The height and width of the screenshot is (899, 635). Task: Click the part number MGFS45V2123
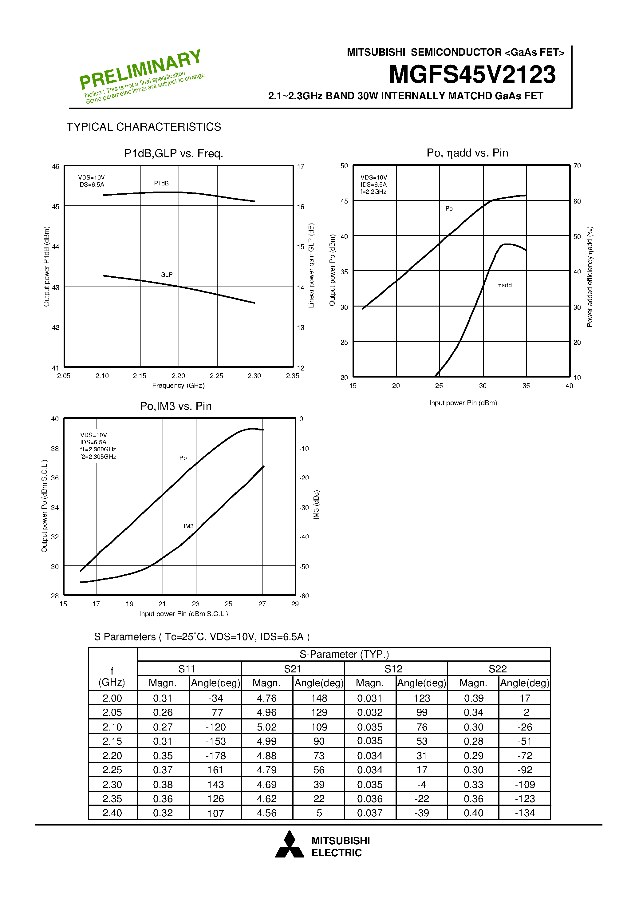tap(472, 74)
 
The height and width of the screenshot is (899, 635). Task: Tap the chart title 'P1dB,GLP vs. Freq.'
tap(173, 153)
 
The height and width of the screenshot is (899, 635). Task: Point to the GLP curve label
tap(166, 275)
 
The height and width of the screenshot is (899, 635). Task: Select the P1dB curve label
tap(161, 183)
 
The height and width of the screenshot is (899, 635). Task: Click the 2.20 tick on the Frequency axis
tap(178, 376)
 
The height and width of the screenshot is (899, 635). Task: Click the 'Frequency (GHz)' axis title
tap(178, 385)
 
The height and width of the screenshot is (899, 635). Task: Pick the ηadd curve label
tap(505, 285)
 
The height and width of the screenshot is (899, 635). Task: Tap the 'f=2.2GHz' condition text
tap(373, 192)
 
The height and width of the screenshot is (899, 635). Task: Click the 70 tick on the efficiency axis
tap(577, 166)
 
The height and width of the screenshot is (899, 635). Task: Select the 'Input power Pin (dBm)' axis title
tap(463, 403)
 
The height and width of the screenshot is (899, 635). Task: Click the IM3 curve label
tap(188, 526)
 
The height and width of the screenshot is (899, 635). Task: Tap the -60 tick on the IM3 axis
tap(304, 596)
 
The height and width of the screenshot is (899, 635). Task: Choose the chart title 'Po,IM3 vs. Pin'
tap(176, 406)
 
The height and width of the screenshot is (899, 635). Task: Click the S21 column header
tap(292, 669)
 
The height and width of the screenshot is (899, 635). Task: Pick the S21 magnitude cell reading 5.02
tap(266, 727)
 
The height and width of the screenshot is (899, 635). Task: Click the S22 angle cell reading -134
tap(525, 813)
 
